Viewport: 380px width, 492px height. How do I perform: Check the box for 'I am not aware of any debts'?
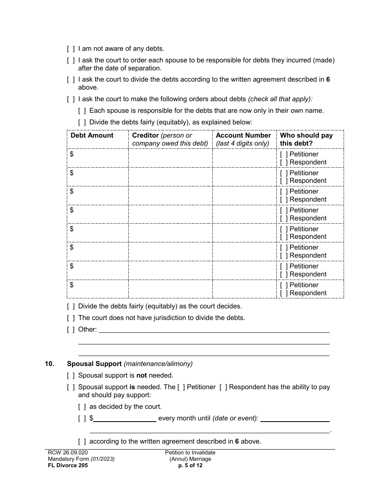click(71, 49)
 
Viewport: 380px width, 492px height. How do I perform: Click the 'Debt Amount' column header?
click(92, 136)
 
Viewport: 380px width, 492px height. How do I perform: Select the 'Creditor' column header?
click(146, 136)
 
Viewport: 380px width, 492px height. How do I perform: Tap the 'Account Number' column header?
click(243, 136)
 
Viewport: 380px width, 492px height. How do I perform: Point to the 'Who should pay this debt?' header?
click(306, 139)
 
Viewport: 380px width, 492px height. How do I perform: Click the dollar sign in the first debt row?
click(72, 154)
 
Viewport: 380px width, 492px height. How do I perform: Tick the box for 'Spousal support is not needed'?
click(71, 376)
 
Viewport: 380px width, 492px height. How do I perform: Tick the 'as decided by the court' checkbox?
click(82, 407)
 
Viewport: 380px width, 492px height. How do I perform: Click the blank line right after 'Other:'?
click(214, 330)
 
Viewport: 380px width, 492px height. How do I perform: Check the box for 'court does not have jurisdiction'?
click(71, 318)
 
